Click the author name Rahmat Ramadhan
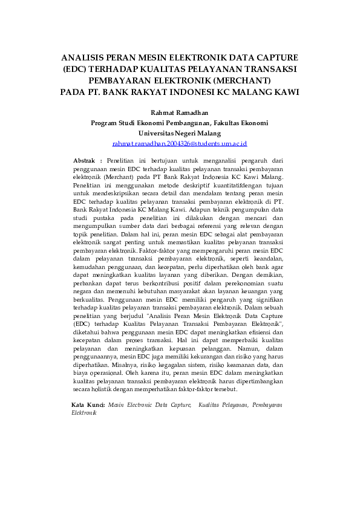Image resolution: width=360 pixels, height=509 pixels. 180,112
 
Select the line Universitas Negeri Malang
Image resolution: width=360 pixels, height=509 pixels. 180,133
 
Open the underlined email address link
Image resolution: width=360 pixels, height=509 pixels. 180,144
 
